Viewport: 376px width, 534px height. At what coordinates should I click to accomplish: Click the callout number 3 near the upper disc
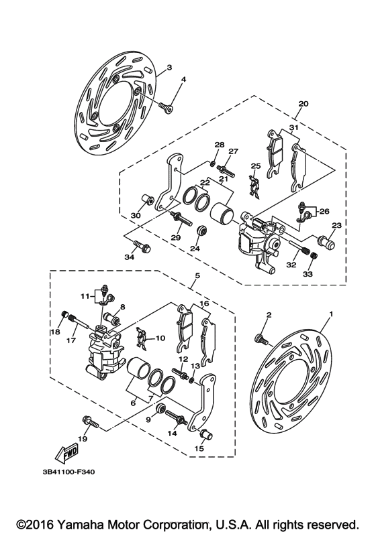(169, 68)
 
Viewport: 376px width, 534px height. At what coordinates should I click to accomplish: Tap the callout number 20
(303, 104)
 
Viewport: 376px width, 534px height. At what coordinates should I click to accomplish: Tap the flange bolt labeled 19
(89, 423)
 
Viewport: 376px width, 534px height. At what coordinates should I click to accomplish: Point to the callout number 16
(204, 304)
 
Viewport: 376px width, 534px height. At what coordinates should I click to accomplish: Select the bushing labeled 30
(146, 200)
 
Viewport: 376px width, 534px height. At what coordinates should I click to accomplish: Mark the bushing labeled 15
(207, 438)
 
